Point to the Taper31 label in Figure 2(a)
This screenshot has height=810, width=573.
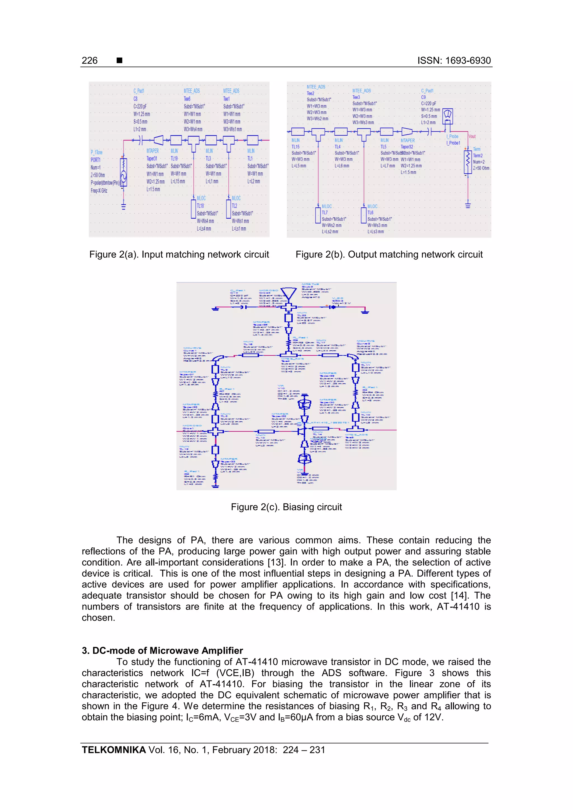click(152, 159)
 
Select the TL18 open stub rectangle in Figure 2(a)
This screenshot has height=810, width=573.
click(193, 209)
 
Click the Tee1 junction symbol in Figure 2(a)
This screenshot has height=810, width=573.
click(229, 141)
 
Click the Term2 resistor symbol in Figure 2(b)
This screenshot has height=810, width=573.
click(468, 162)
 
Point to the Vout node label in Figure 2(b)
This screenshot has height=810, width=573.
click(472, 136)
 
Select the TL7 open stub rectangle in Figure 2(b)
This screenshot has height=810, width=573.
click(318, 215)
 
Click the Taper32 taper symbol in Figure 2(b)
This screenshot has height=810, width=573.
click(407, 132)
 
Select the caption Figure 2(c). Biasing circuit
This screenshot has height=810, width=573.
click(286, 507)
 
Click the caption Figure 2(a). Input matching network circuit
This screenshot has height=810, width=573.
click(179, 254)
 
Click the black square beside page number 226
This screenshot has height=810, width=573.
click(119, 60)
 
